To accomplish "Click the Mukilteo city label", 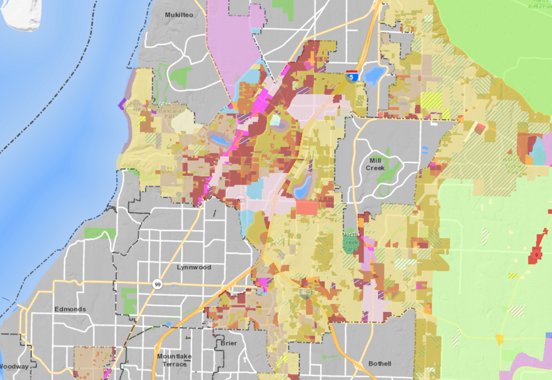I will tap(179, 15).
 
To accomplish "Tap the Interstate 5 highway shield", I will tap(351, 77).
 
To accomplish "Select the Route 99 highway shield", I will tap(158, 284).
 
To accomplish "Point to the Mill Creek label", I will tap(375, 164).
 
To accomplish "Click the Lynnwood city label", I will tap(194, 267).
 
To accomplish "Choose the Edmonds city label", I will tap(70, 309).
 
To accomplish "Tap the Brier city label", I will tap(229, 343).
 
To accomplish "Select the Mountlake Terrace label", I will tap(174, 360).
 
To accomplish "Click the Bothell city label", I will tap(380, 364).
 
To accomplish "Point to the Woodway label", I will tap(14, 366).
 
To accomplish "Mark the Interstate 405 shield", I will tap(306, 292).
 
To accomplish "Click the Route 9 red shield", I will tap(536, 255).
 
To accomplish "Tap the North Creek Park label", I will tap(350, 242).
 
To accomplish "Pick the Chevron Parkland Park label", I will tap(170, 111).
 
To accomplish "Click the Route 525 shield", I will tap(241, 200).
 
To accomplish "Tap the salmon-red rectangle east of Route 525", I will tap(307, 208).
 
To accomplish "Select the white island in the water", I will tap(21, 14).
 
